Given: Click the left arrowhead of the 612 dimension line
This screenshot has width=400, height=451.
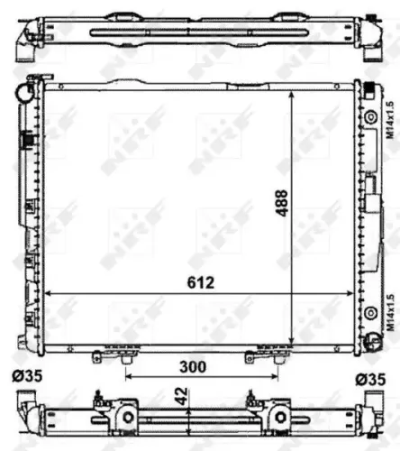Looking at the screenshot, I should click(x=49, y=294).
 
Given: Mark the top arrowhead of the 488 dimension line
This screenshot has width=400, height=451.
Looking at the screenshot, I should click(x=291, y=95).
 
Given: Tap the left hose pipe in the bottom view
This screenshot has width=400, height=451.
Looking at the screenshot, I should click(x=24, y=406).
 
